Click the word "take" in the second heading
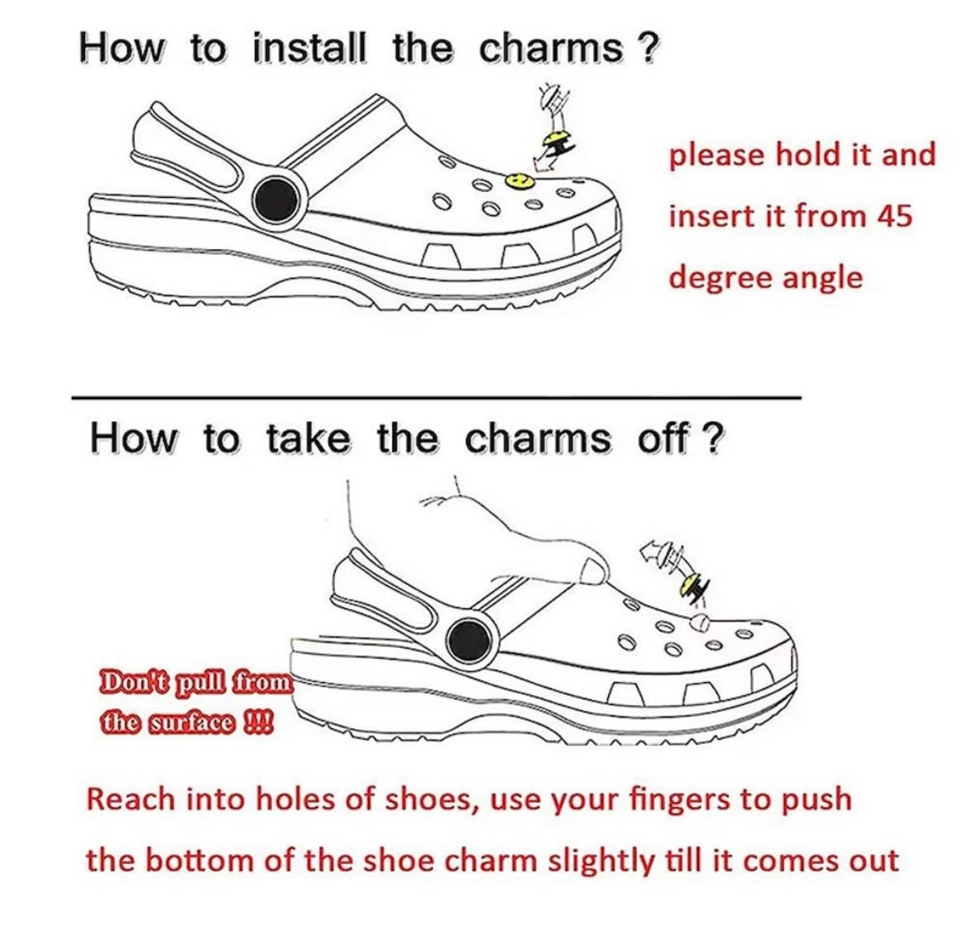[x=308, y=438]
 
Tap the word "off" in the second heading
[x=662, y=438]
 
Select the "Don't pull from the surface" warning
[x=195, y=701]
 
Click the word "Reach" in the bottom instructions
[x=131, y=800]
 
